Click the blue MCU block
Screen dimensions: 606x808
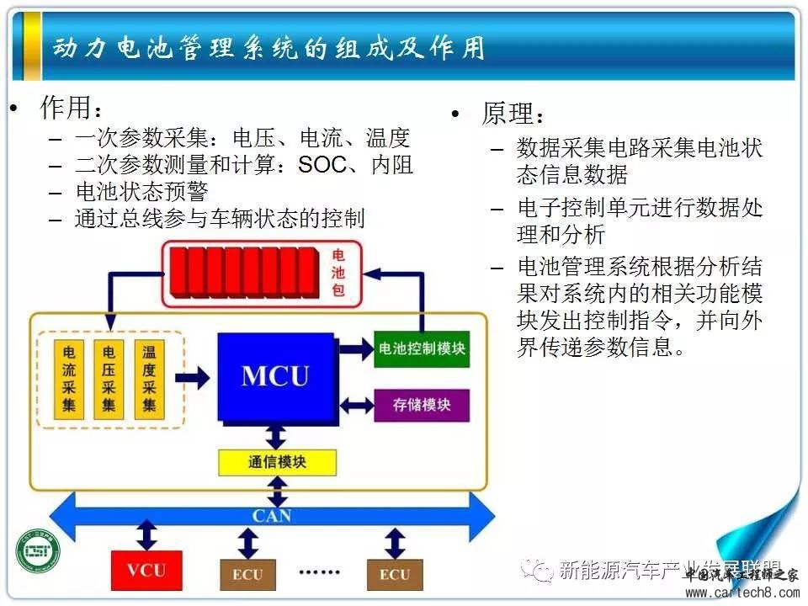(275, 375)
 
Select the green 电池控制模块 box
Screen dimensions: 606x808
(422, 348)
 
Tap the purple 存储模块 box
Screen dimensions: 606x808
(422, 405)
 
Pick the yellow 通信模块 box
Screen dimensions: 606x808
(277, 462)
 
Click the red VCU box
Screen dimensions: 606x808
(146, 570)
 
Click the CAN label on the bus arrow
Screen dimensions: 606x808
(272, 513)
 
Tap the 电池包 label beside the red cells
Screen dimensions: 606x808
(338, 274)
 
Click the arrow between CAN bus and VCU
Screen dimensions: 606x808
(147, 534)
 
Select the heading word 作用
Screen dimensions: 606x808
(65, 108)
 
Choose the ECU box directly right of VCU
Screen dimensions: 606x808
(247, 575)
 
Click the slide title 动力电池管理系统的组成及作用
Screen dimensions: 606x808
(268, 48)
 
